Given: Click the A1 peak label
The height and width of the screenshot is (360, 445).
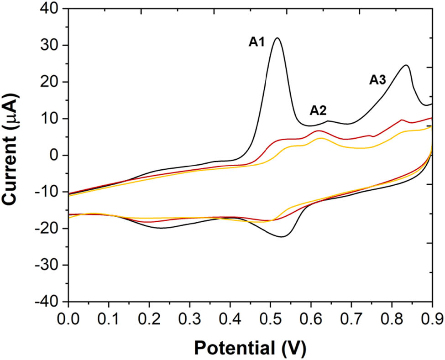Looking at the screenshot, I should pos(257,42).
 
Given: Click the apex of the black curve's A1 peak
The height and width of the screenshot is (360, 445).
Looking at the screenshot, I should pos(277,38).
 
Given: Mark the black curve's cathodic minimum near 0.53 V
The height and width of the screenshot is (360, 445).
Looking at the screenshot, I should pos(282,237).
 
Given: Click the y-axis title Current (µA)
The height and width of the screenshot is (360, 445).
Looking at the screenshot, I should pos(14,155).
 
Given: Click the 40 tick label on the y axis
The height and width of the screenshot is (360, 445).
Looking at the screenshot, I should pos(51,9).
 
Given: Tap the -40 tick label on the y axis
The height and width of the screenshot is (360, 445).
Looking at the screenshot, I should pos(48,302).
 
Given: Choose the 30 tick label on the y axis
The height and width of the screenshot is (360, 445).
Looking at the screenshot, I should pos(51,45).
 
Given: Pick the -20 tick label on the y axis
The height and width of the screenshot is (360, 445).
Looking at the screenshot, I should pos(48,229).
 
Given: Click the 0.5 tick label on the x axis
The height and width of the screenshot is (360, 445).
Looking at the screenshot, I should pos(270,317).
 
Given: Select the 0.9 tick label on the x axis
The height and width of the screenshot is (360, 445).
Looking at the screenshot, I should pos(432,317).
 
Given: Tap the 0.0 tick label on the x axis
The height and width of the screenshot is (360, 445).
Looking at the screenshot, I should pos(68,317).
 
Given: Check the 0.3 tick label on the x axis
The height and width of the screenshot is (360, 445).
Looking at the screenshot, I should pos(189,317).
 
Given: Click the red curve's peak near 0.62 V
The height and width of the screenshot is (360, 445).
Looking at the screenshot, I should pos(318,130).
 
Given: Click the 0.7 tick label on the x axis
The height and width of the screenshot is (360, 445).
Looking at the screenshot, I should pos(351,317).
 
